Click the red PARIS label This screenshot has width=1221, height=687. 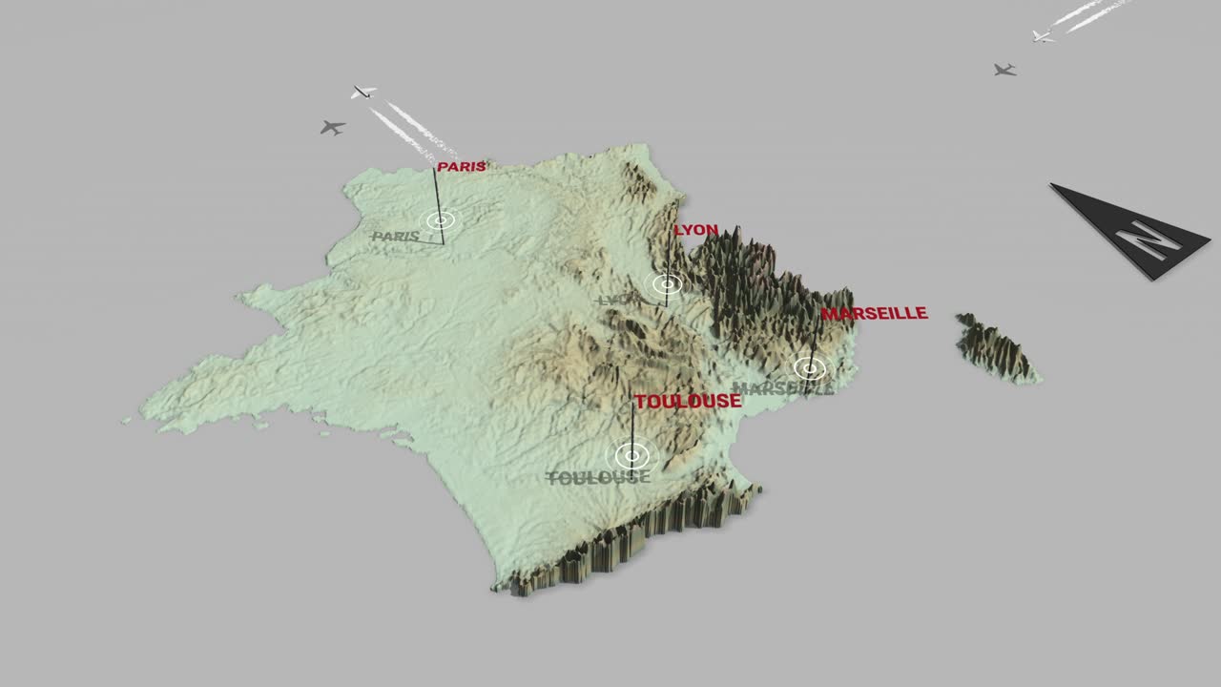point(462,167)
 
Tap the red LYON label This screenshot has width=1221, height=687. point(695,230)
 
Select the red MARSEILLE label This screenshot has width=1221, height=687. point(874,313)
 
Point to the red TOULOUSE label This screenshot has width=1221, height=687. point(688,402)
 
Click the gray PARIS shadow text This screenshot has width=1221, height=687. point(396,236)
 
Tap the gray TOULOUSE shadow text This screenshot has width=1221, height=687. point(597,477)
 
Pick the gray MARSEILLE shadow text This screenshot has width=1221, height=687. point(782,388)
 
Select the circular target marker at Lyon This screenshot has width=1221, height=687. point(665,283)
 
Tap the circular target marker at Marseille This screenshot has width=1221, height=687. point(810,367)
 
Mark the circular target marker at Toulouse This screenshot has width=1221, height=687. point(630,455)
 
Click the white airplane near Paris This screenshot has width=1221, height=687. point(362,92)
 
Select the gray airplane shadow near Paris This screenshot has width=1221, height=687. point(332,127)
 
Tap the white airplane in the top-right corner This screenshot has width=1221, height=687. point(1042,36)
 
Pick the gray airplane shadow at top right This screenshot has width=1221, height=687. point(1004,70)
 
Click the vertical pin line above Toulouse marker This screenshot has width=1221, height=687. point(631,420)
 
